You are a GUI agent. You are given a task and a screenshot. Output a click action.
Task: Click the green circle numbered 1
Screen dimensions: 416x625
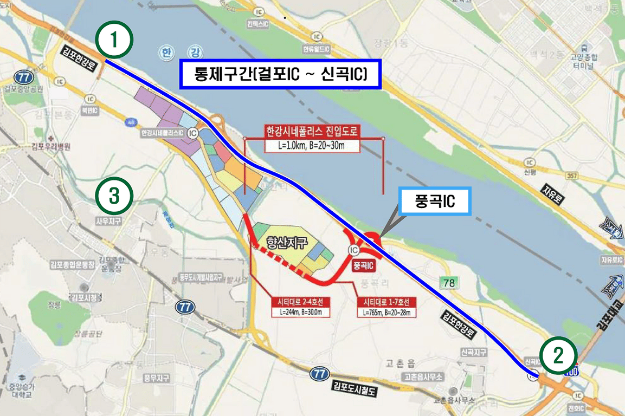[114, 40]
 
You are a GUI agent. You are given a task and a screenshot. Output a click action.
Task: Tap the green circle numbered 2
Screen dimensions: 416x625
[558, 355]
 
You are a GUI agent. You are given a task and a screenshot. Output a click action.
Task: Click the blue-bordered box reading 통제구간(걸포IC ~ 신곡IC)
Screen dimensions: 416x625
[281, 74]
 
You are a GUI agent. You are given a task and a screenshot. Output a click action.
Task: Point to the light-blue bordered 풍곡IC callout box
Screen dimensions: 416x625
[435, 201]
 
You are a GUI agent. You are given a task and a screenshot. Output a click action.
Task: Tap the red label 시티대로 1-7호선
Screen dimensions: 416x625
[386, 302]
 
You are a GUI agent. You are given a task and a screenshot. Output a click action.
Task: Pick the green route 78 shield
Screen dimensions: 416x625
[449, 282]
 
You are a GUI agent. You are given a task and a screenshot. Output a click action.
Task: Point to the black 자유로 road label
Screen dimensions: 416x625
[552, 193]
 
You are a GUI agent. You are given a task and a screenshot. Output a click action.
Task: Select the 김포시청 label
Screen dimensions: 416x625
[82, 297]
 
